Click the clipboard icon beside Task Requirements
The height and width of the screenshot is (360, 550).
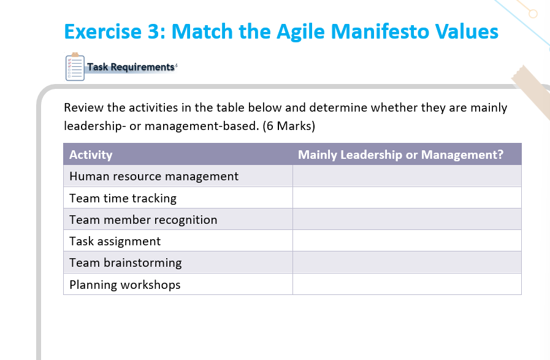[x=74, y=67]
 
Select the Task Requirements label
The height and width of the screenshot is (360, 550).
[x=131, y=67]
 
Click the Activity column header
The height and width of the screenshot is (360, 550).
[x=91, y=155]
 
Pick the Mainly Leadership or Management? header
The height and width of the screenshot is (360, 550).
[x=400, y=155]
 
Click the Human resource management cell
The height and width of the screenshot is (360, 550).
[x=154, y=177]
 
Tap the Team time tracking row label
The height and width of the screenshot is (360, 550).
[x=123, y=198]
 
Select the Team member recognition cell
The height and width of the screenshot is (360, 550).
[x=143, y=220]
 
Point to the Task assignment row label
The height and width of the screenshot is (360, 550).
[x=115, y=241]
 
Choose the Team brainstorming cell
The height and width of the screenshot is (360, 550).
[x=126, y=262]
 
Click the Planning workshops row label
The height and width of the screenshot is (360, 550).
[x=125, y=285]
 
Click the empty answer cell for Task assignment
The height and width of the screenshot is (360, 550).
[x=407, y=241]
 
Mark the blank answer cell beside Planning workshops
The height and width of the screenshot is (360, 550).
[x=407, y=285]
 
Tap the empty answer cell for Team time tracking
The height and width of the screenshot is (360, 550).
[x=407, y=198]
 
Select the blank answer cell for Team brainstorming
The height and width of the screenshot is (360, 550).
[x=407, y=262]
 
